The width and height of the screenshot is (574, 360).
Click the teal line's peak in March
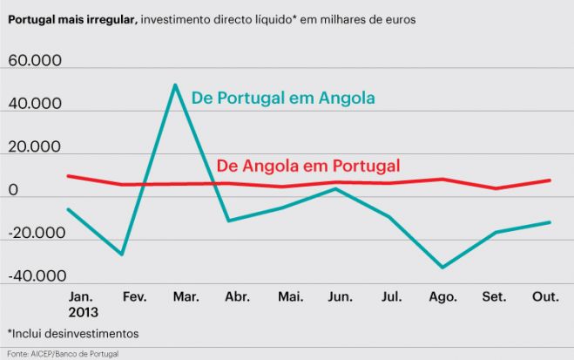[175, 85]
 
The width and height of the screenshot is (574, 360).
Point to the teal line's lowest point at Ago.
[442, 268]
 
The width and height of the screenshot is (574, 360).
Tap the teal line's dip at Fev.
[122, 255]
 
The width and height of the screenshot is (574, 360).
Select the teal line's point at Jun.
[335, 188]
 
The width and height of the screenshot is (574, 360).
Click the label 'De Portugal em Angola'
[283, 98]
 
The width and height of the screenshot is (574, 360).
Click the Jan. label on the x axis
[82, 297]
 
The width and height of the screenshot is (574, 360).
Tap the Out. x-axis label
[545, 297]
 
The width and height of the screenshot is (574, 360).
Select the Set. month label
[495, 297]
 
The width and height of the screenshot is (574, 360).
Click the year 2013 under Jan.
[83, 311]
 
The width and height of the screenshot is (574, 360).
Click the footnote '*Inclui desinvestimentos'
[72, 333]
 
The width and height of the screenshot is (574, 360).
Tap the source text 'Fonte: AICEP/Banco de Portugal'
[61, 353]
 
